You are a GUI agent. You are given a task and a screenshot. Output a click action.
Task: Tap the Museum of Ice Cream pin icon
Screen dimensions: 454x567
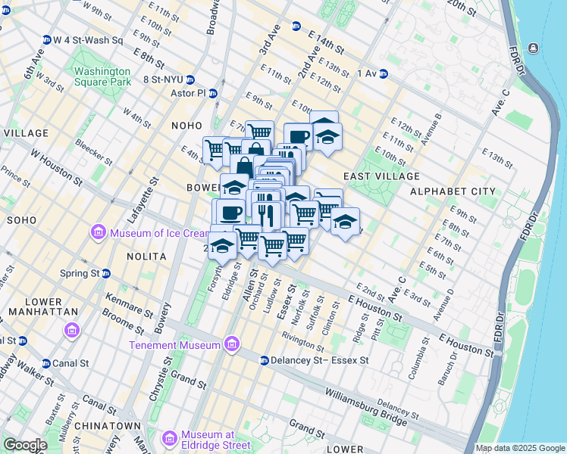click(x=99, y=232)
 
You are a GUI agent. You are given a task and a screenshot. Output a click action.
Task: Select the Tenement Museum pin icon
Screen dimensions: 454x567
click(x=233, y=345)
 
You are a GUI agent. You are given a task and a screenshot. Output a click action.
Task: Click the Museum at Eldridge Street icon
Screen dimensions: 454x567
click(x=171, y=439)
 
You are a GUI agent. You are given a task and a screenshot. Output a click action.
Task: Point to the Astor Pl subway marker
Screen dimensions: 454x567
click(x=213, y=94)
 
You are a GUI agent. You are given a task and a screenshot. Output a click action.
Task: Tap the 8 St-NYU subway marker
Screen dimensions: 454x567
click(x=190, y=79)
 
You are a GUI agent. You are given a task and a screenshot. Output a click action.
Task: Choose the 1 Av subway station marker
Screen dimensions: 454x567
click(x=384, y=73)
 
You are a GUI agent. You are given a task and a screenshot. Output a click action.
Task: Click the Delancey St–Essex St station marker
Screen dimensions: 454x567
click(x=265, y=360)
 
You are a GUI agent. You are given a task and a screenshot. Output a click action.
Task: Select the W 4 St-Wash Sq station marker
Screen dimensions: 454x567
click(x=47, y=39)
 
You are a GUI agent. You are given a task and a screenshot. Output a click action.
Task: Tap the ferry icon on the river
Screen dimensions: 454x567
click(x=534, y=48)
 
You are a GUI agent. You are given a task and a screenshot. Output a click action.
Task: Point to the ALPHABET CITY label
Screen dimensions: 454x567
click(x=453, y=191)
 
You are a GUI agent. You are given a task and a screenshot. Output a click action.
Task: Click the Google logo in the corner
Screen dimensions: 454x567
click(x=25, y=445)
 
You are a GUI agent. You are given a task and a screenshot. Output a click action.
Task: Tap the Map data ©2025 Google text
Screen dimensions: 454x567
click(x=520, y=448)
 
